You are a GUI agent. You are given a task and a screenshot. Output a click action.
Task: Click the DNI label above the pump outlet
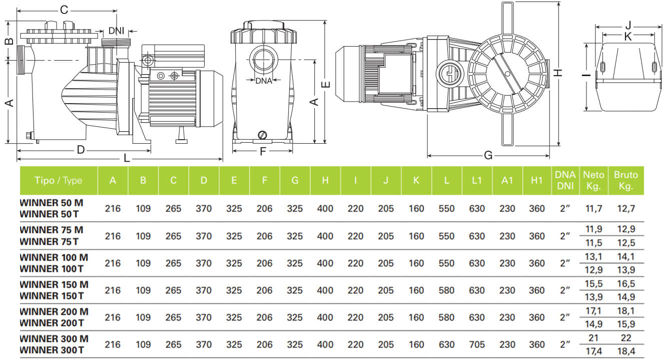click(116, 31)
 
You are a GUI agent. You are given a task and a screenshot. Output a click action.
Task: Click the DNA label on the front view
click(264, 81)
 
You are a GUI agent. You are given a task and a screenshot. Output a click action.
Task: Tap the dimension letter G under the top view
click(488, 155)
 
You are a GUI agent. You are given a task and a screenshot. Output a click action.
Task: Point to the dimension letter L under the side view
click(127, 159)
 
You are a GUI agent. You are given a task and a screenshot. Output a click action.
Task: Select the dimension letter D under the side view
click(81, 149)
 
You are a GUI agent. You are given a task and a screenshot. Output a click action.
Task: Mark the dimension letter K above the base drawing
click(628, 36)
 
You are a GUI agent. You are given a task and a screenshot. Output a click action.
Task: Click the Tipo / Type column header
click(59, 180)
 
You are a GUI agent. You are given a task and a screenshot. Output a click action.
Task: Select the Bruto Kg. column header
click(625, 180)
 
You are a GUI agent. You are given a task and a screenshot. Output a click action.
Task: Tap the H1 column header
click(537, 180)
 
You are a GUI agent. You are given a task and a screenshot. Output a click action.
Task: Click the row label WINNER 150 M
click(54, 284)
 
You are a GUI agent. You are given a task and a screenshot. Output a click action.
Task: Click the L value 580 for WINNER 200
click(446, 317)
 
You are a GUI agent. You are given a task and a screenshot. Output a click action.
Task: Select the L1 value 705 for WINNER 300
click(476, 344)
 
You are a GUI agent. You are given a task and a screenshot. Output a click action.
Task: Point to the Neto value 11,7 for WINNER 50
click(593, 208)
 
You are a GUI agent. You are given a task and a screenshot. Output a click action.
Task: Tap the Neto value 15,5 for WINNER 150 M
click(593, 284)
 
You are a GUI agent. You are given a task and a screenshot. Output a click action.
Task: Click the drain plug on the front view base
click(263, 134)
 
